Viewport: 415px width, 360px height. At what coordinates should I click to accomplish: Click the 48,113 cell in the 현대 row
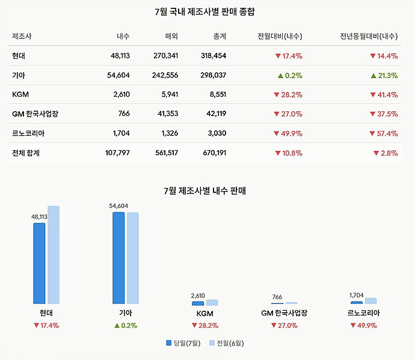[120, 56]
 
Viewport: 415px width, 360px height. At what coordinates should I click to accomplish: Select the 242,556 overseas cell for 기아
[165, 75]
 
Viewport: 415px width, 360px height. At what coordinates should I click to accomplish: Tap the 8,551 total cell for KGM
[218, 94]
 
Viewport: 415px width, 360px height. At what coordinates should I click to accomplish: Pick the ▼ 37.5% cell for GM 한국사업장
[384, 114]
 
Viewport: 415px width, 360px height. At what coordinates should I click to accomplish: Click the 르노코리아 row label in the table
[28, 133]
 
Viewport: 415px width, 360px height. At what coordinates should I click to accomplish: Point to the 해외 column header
[171, 36]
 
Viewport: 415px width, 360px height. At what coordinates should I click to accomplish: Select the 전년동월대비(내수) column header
[369, 36]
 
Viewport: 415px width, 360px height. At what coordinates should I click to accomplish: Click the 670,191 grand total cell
[214, 153]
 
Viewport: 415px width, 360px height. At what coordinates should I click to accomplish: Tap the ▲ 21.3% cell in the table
[384, 76]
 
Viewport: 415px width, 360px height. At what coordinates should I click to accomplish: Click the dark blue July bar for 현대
[39, 263]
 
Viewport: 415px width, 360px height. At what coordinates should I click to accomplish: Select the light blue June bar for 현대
[54, 255]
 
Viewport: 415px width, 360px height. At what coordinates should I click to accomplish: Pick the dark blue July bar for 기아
[118, 258]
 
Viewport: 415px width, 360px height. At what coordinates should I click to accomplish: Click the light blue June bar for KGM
[212, 302]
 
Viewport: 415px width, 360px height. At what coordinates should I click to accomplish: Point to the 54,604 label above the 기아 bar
[118, 206]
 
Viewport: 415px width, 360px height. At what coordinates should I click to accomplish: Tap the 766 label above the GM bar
[277, 297]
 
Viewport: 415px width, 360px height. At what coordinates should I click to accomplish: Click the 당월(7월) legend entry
[183, 343]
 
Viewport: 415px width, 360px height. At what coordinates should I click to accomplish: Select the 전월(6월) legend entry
[227, 343]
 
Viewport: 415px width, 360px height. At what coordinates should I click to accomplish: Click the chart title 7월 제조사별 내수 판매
[205, 191]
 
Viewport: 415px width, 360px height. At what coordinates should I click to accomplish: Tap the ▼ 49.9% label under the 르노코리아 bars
[363, 325]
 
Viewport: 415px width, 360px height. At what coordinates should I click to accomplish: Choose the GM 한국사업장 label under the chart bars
[284, 313]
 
